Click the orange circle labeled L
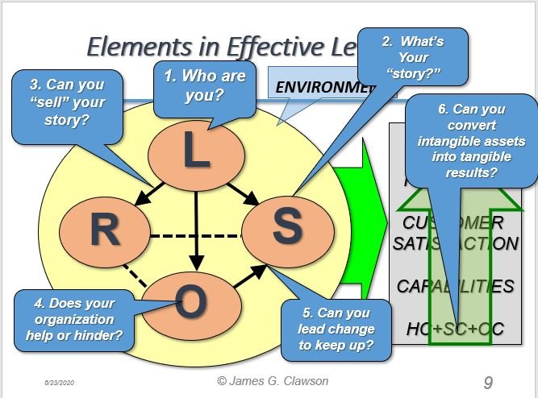[x=196, y=154]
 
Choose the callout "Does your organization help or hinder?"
[x=74, y=319]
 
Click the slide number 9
[x=488, y=381]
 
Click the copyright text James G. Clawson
[x=274, y=379]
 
